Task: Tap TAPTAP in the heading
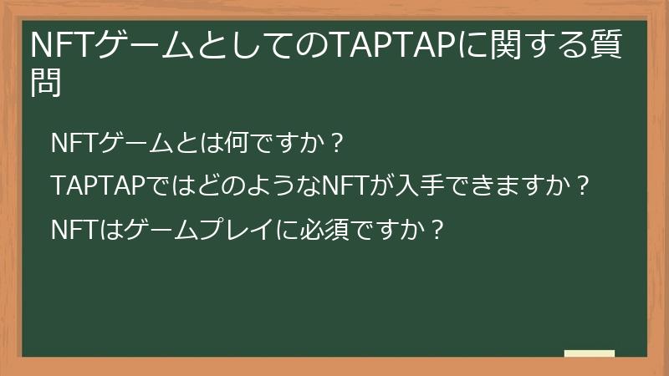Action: coord(389,47)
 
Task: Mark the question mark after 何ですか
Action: coord(337,143)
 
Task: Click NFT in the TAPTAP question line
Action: coord(344,185)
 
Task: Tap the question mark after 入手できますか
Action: coord(584,185)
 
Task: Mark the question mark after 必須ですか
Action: coord(437,226)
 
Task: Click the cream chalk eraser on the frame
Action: coord(590,353)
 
